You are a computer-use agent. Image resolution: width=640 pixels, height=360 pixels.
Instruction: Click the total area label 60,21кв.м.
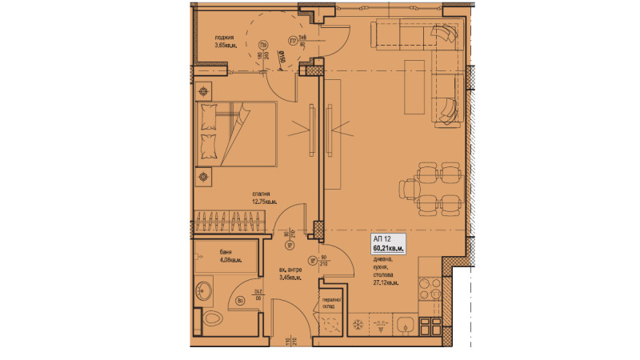click(x=388, y=249)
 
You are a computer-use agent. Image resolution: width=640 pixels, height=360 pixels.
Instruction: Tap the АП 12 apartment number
click(x=382, y=239)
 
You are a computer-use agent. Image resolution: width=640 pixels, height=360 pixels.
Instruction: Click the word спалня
click(x=261, y=194)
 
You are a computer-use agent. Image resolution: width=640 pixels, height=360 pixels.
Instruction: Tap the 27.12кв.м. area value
click(x=386, y=282)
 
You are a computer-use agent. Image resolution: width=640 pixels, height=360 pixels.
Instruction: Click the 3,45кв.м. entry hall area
click(x=290, y=278)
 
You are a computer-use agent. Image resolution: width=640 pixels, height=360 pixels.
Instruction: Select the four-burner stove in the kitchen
click(x=431, y=285)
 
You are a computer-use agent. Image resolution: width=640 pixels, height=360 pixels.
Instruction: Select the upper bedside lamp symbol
click(x=206, y=91)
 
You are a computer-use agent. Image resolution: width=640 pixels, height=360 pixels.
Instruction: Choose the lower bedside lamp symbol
click(x=206, y=176)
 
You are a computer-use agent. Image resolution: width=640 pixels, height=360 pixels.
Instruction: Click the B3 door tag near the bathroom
click(x=240, y=300)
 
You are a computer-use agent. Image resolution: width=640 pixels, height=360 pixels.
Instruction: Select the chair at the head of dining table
click(x=409, y=190)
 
